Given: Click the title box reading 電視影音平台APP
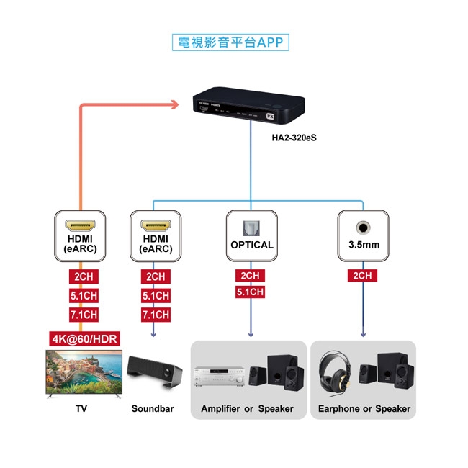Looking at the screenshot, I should (231, 42).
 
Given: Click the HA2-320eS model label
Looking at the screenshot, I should (294, 135).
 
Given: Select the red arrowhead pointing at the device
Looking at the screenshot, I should (174, 105).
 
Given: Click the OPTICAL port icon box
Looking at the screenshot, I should (251, 235).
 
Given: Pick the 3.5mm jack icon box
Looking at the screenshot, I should (364, 235).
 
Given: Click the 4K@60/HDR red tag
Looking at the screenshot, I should (84, 338).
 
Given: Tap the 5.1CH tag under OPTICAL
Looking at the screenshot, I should (250, 292).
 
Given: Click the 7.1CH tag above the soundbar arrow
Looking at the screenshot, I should (156, 315).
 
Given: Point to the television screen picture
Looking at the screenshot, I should (82, 372).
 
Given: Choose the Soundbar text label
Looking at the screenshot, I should (153, 409).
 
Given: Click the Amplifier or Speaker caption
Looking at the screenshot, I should (247, 409).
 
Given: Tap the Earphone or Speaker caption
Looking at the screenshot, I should (364, 409).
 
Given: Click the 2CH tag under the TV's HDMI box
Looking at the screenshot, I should (81, 276).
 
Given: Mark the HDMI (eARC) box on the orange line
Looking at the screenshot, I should (81, 235).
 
